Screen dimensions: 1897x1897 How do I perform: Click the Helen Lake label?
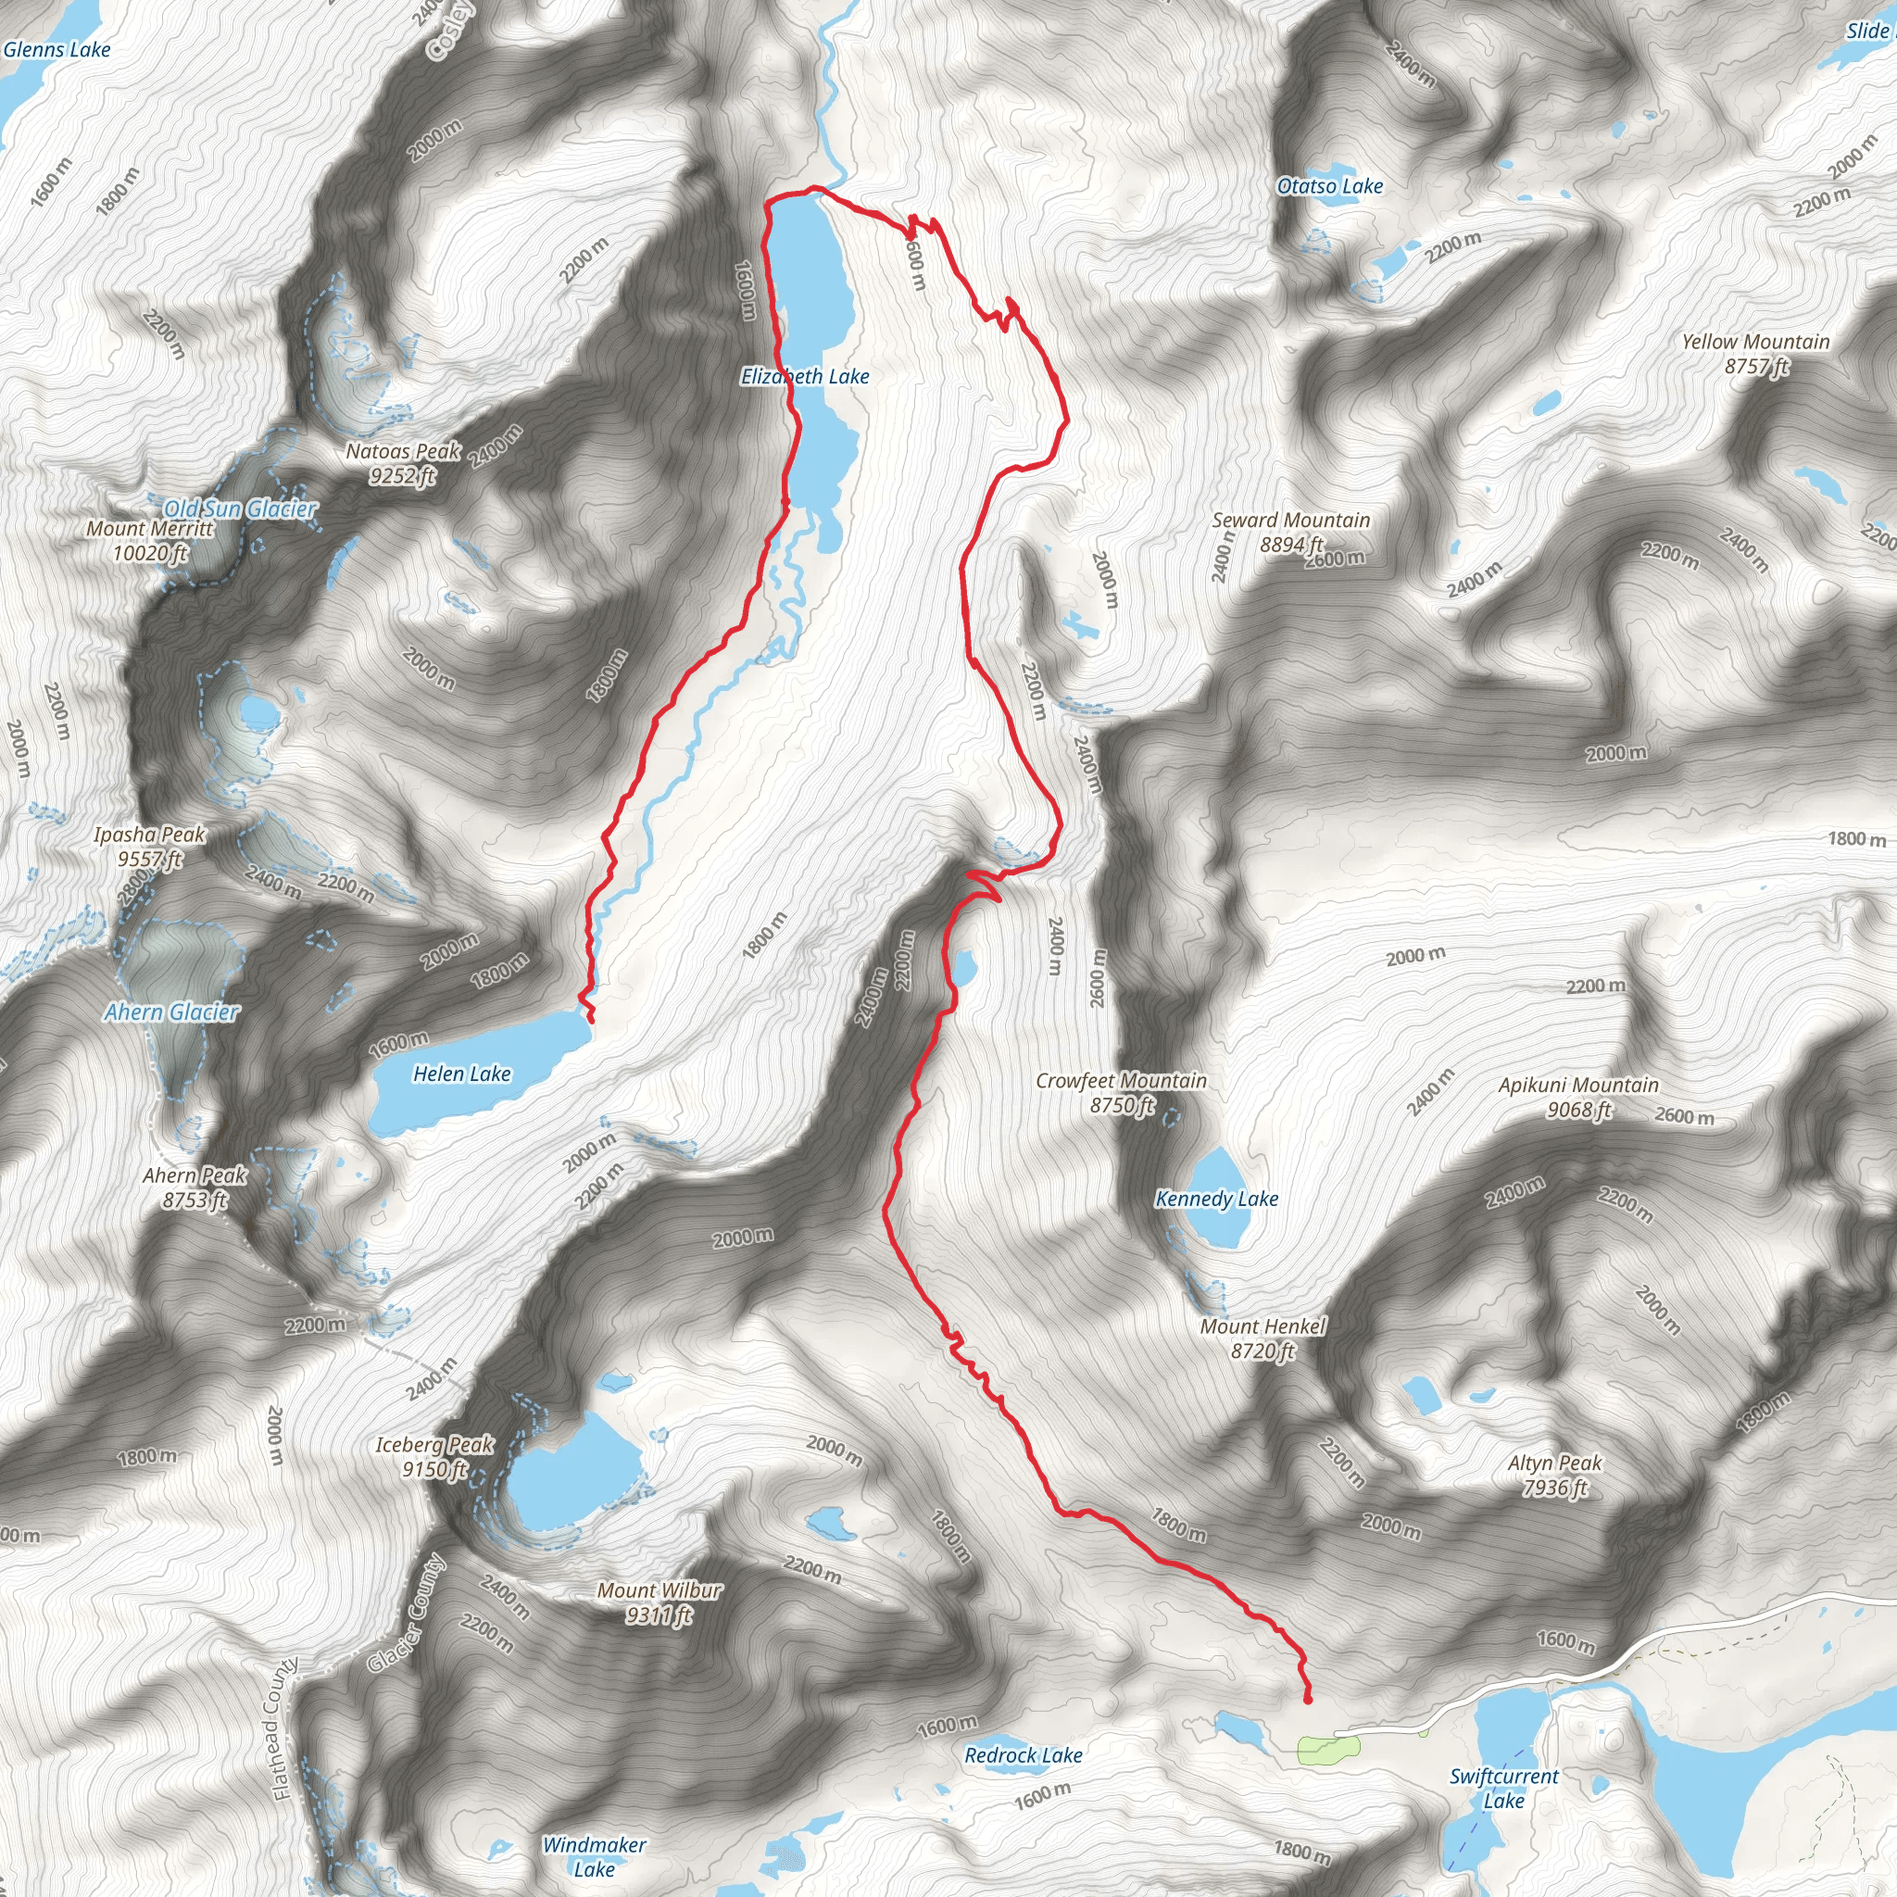click(461, 1074)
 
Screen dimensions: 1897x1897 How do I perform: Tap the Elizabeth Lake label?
click(805, 376)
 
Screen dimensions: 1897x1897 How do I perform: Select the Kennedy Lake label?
click(1216, 1199)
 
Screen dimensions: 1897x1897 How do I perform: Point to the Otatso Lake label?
click(1329, 185)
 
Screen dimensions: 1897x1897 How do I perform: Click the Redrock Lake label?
click(1024, 1755)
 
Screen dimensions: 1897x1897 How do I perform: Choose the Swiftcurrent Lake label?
click(1503, 1788)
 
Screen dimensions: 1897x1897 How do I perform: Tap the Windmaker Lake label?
click(594, 1857)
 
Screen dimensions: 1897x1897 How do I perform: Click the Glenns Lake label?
click(57, 49)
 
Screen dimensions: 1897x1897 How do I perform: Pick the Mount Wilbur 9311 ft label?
click(659, 1602)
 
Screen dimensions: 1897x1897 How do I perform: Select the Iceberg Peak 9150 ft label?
click(434, 1457)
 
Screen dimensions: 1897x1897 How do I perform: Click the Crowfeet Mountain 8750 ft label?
click(1122, 1093)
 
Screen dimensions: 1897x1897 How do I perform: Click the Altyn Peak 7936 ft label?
click(1554, 1476)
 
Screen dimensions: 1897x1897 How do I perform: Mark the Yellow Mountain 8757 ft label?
click(1755, 354)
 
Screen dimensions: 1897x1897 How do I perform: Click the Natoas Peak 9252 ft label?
click(403, 463)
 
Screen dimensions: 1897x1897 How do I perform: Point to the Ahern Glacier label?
click(172, 1012)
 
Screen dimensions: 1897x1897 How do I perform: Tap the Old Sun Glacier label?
click(240, 509)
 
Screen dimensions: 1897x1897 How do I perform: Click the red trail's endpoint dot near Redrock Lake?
click(1308, 1700)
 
